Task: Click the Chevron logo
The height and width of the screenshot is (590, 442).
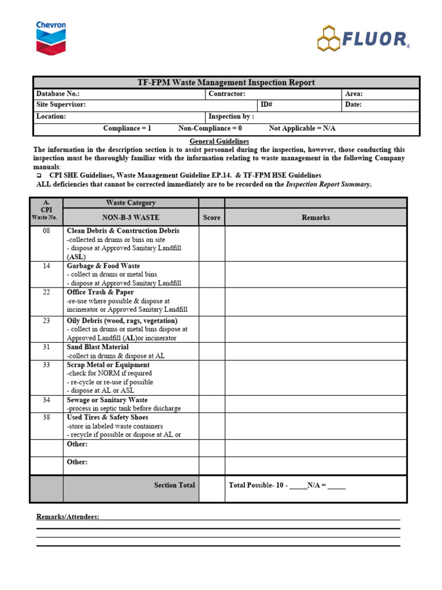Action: (51, 37)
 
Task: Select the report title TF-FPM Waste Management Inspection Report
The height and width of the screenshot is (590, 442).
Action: (226, 82)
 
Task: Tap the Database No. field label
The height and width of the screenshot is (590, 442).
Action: (58, 94)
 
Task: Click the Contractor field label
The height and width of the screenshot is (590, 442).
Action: (227, 94)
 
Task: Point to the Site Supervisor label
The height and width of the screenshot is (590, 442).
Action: (61, 105)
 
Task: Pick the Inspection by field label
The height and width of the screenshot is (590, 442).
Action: (231, 116)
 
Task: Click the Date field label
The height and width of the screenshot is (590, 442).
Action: (353, 105)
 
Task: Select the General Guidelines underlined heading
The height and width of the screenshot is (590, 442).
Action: (219, 141)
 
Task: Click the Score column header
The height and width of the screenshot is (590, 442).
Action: (212, 218)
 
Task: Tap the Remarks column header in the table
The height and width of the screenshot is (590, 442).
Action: (315, 218)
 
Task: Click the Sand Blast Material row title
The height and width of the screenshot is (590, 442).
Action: (98, 347)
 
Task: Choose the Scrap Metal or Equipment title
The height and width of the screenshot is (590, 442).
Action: (108, 365)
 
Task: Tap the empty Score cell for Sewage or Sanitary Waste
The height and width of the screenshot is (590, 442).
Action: (212, 404)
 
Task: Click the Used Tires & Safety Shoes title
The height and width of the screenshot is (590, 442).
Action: (108, 417)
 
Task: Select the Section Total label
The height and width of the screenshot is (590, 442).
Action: (174, 485)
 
